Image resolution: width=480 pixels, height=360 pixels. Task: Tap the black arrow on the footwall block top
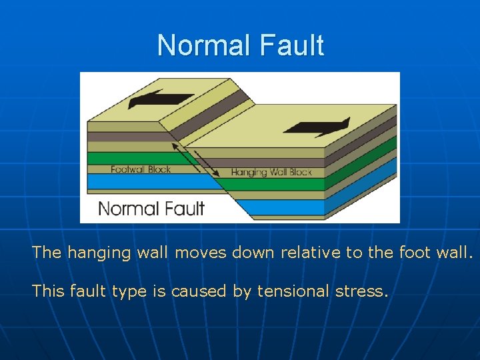coord(160,99)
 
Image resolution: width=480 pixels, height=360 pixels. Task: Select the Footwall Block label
coord(141,169)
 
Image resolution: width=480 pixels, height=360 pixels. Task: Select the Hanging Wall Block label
coord(271,172)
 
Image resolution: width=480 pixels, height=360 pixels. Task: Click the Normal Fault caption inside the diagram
coord(151,208)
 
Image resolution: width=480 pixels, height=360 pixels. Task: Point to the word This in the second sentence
coord(47,291)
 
